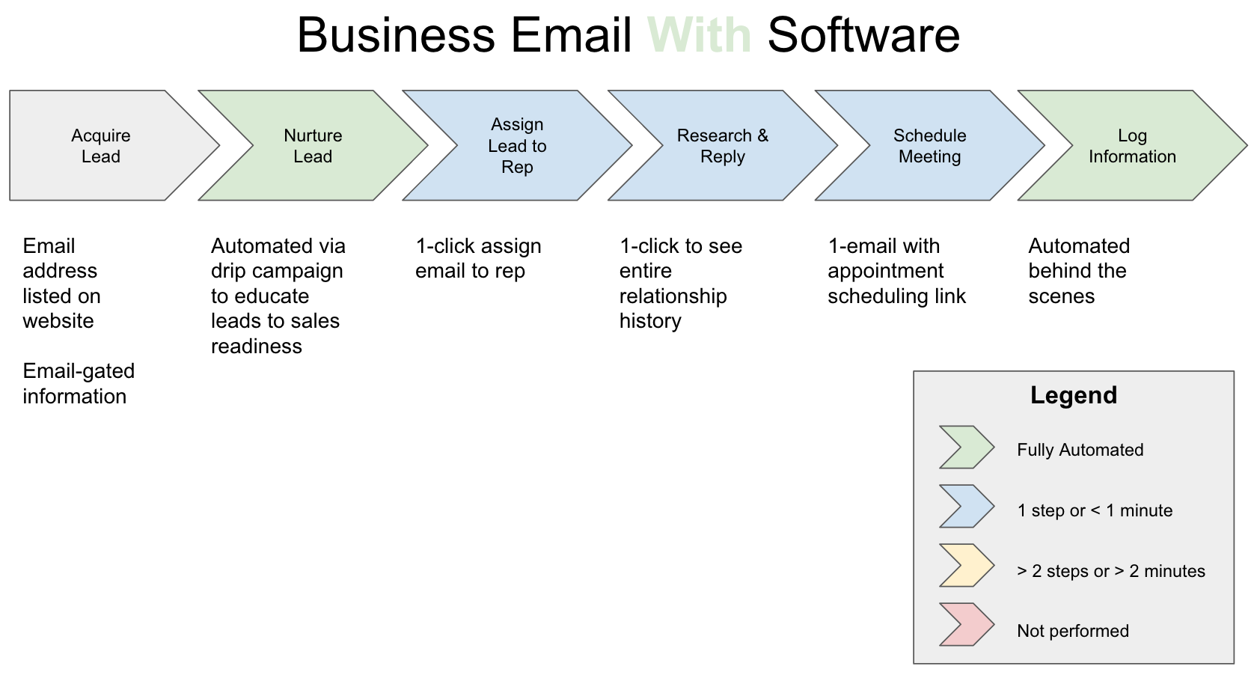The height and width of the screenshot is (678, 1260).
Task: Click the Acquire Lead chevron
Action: point(101,146)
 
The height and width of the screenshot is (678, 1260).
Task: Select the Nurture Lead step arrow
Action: point(313,146)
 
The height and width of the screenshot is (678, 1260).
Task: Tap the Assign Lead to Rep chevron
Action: point(517,146)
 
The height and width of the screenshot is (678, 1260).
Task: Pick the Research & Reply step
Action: point(722,146)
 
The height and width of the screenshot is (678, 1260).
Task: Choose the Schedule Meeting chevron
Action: point(929,146)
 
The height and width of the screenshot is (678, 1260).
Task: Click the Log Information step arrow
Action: point(1132,146)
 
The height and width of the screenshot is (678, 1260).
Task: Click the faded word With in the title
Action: point(699,35)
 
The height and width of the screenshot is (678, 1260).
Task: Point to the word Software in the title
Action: point(863,35)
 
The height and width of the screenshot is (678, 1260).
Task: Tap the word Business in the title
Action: point(396,35)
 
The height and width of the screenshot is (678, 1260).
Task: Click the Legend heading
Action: point(1073,395)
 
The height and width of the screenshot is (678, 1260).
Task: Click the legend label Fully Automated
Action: point(1080,450)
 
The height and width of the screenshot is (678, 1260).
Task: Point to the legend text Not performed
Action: point(1072,631)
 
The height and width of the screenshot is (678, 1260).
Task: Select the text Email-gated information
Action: point(78,383)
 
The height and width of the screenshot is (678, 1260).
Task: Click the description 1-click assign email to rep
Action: point(477,258)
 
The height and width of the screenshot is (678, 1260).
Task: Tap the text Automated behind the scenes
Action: point(1078,271)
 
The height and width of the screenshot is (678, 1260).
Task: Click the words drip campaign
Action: point(277,271)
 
